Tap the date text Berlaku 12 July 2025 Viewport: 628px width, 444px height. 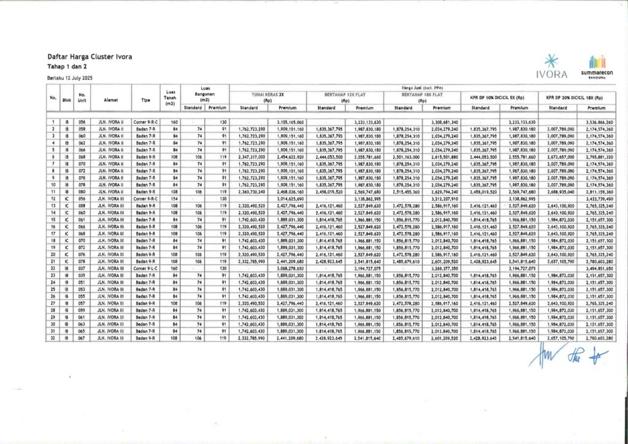point(72,77)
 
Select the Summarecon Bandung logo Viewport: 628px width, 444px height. point(597,65)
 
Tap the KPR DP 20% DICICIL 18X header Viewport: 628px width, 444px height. point(576,97)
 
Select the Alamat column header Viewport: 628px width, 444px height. point(111,98)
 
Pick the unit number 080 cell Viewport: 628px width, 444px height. point(82,192)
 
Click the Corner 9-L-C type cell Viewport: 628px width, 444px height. point(145,268)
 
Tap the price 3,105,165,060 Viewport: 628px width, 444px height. point(287,122)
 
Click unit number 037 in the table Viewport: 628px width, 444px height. point(82,268)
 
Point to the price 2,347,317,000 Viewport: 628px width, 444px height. point(248,157)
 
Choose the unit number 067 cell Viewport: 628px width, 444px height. point(82,338)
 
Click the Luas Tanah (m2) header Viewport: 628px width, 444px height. point(172,98)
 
